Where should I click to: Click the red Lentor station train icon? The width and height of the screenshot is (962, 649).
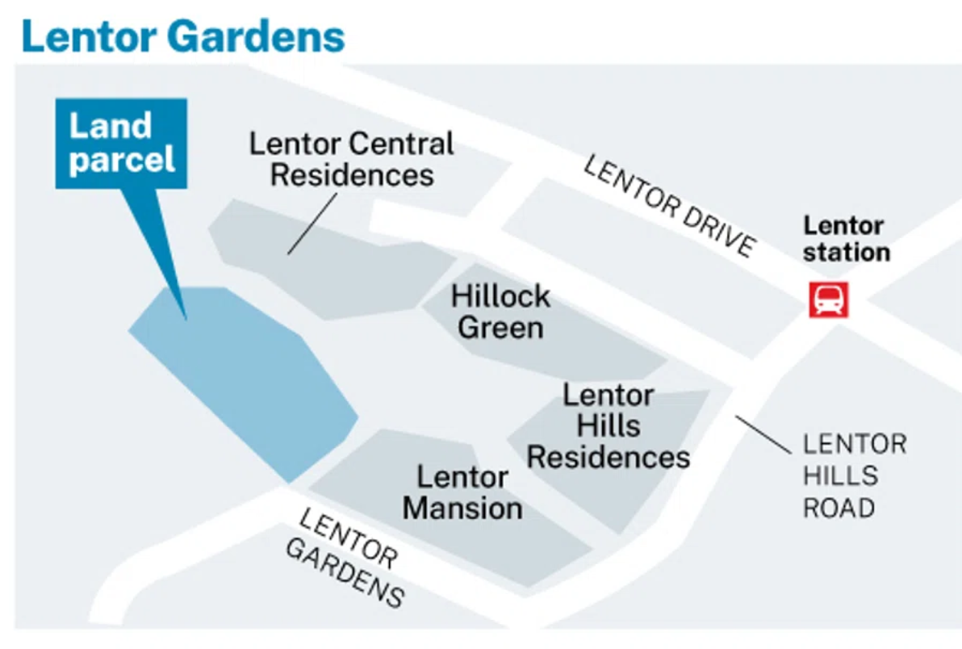pos(828,300)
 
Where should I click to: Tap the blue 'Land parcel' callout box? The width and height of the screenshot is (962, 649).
pos(121,143)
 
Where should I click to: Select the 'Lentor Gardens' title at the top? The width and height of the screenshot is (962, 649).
pos(183,36)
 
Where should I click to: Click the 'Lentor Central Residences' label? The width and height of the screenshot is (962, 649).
pos(352,159)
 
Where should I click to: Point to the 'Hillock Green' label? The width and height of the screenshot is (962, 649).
pos(500,312)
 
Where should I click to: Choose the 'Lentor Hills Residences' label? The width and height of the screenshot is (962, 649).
pos(608,425)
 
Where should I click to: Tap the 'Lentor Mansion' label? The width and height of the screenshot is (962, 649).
pos(462,492)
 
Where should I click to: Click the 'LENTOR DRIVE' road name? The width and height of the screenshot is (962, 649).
pos(669,206)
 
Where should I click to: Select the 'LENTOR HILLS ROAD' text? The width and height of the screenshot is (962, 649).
pos(855,476)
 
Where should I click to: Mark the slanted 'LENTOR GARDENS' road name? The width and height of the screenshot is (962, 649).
pos(345,558)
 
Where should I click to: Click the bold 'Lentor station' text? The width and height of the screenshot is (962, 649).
pos(846,239)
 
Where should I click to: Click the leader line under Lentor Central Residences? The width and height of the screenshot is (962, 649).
pos(312,224)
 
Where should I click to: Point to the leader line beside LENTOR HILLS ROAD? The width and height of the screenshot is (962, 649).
pos(763,435)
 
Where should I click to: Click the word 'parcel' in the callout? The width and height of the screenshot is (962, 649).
pos(122,161)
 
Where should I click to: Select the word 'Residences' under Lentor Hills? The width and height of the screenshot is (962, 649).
pos(608,457)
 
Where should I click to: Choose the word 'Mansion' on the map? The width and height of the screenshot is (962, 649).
pos(462,508)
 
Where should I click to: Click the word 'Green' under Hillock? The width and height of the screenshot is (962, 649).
pos(500,327)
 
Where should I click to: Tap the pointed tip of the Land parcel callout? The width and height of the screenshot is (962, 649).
pos(186,320)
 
